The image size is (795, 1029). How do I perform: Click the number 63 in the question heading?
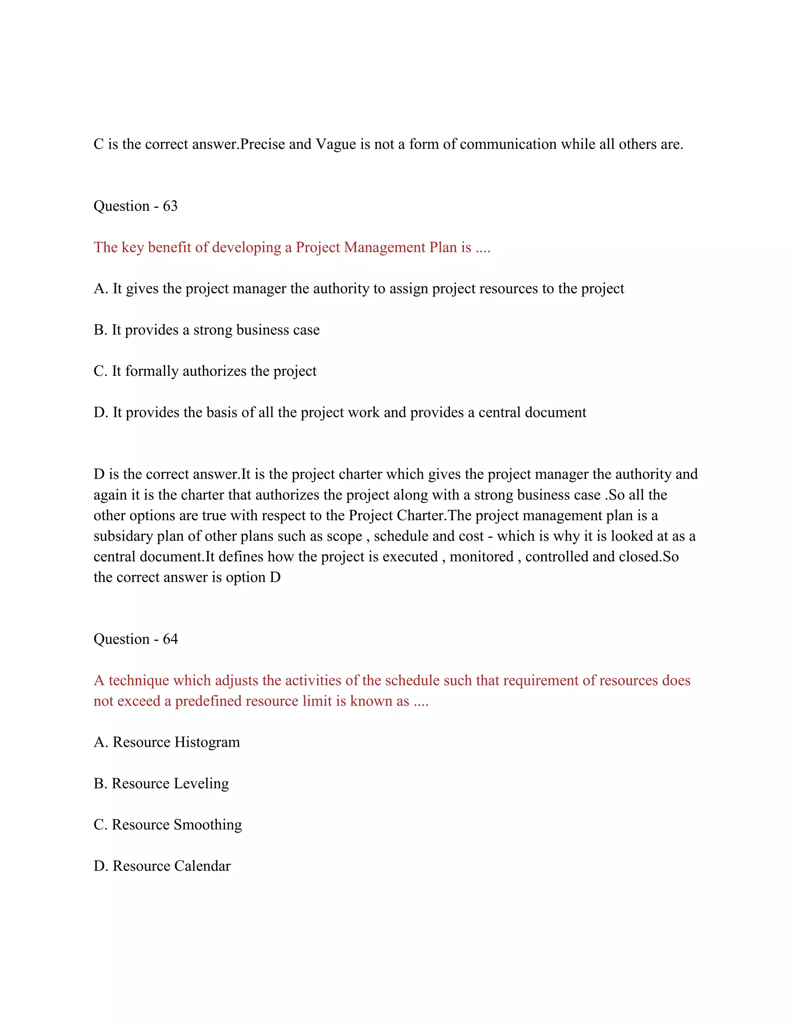pos(170,206)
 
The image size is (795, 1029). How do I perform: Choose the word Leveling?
pos(201,784)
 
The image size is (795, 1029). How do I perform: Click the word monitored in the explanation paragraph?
pos(481,556)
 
